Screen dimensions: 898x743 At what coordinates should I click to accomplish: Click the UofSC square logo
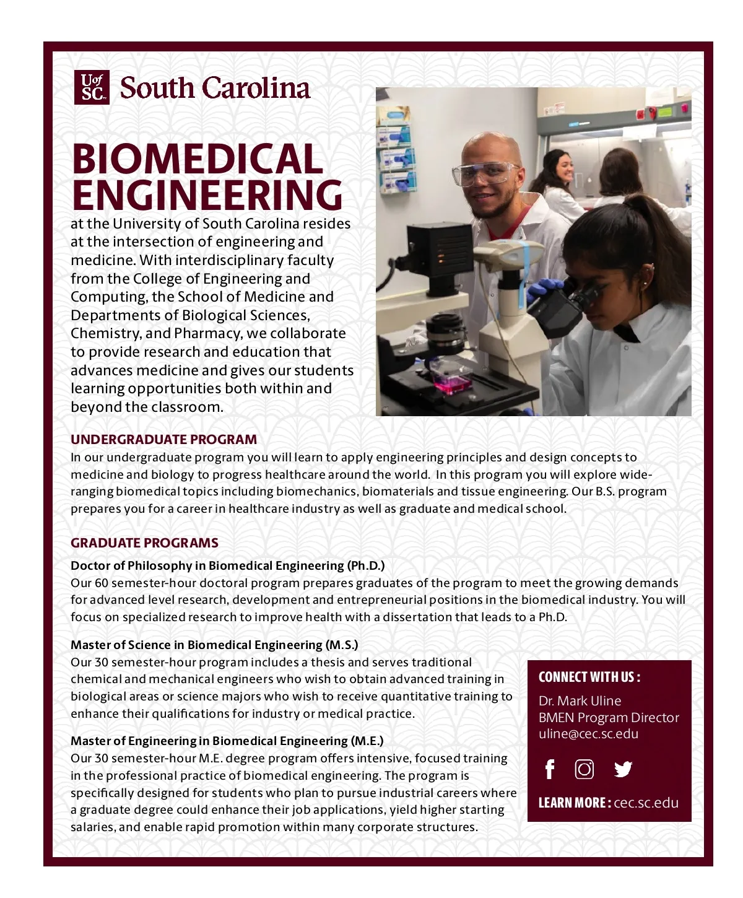point(92,87)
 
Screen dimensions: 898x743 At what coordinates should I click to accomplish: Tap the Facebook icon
point(549,769)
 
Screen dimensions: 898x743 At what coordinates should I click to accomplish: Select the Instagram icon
point(584,769)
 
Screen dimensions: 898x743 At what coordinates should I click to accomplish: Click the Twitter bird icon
point(623,769)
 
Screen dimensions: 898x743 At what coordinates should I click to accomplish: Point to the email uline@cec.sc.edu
point(588,734)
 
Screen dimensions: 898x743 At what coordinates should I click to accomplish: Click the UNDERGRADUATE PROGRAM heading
point(163,440)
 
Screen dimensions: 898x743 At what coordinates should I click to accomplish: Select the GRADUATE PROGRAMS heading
point(144,543)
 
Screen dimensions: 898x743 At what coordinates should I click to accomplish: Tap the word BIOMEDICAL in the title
point(198,159)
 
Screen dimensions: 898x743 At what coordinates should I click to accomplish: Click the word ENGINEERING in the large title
point(207,195)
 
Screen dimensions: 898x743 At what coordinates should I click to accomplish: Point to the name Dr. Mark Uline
point(580,701)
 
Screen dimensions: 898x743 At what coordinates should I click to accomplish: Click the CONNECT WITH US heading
point(589,677)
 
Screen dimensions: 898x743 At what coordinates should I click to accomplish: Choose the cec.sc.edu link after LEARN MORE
point(646,803)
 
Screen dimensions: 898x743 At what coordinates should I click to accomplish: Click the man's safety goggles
point(484,173)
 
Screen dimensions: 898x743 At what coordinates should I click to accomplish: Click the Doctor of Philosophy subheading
point(227,566)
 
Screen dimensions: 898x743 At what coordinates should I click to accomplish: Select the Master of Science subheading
point(214,645)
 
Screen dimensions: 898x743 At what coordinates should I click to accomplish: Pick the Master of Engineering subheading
point(227,741)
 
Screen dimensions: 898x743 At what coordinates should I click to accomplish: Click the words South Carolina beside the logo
point(215,88)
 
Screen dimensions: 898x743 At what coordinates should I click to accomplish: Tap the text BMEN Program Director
point(609,718)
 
